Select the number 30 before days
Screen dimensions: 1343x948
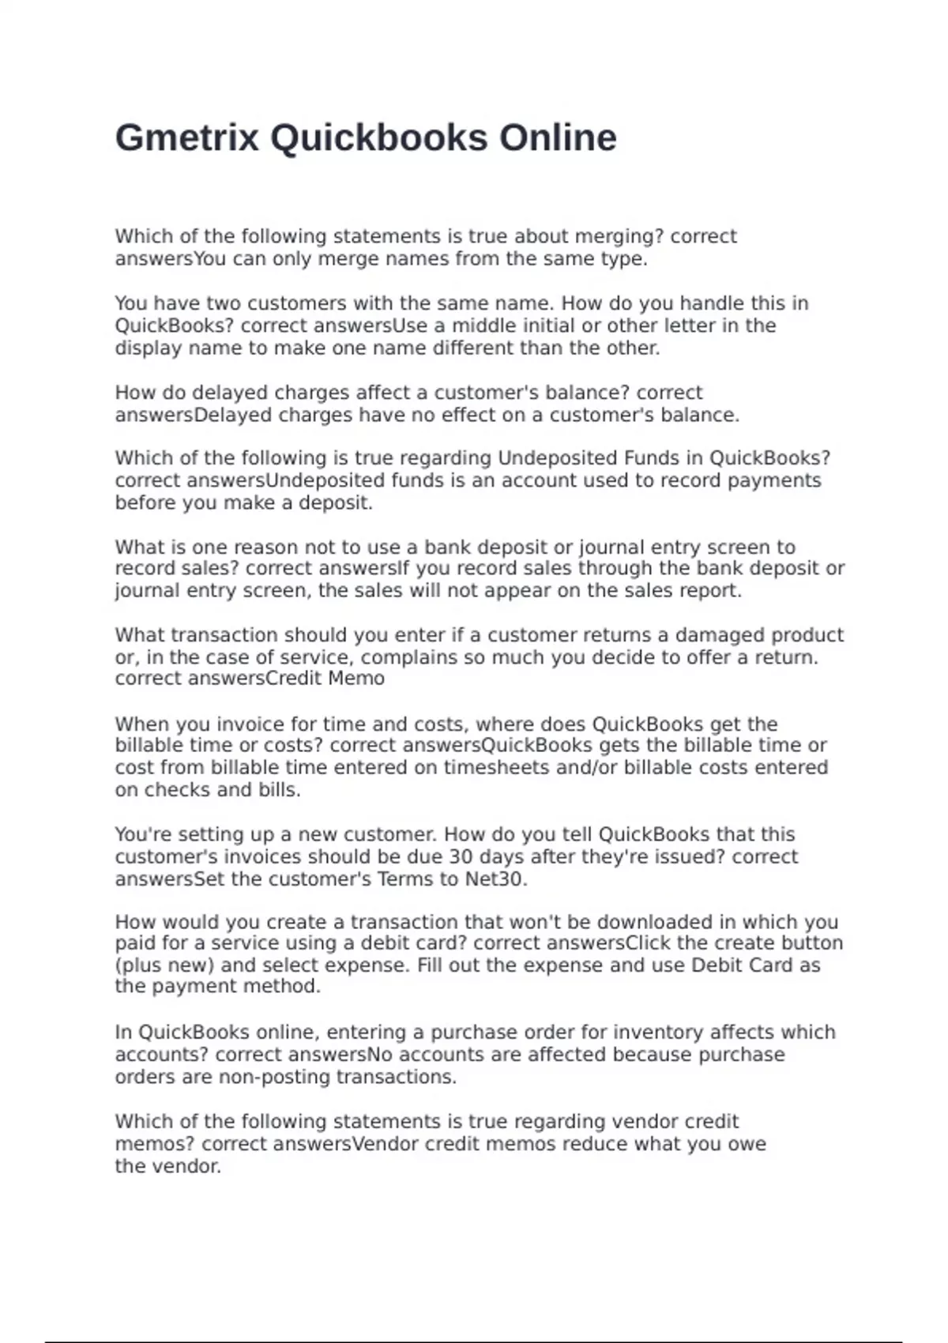point(461,856)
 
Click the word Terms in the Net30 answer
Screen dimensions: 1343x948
point(402,878)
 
